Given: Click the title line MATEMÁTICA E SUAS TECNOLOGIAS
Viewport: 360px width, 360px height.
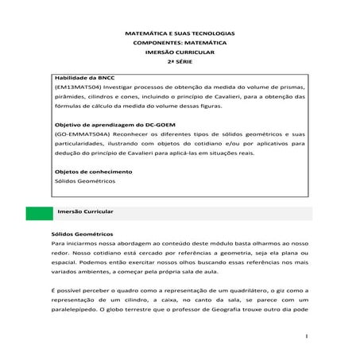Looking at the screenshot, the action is (180, 35).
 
